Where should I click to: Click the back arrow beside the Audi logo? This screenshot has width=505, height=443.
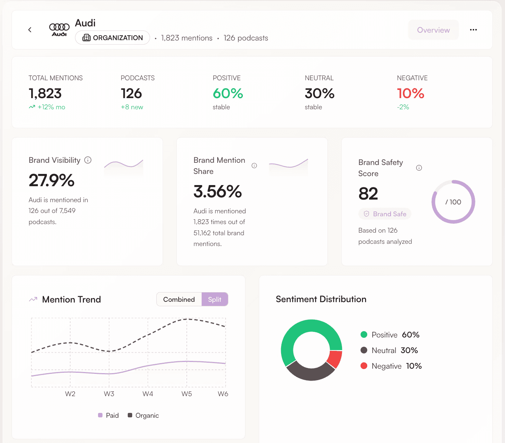tap(30, 30)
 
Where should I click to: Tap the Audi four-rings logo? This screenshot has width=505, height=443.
tap(59, 29)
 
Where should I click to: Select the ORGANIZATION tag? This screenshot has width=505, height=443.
tap(113, 38)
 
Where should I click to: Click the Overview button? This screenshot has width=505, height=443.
tap(433, 30)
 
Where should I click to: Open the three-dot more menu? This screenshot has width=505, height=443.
tap(473, 30)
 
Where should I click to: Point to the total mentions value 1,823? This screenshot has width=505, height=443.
tap(45, 93)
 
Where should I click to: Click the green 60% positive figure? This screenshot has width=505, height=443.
tap(228, 93)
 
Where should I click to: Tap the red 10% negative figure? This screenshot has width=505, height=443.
tap(410, 93)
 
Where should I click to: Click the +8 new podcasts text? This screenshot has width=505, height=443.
tap(132, 107)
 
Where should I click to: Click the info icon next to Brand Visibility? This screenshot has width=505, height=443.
tap(88, 160)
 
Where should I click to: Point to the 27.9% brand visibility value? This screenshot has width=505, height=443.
tap(52, 180)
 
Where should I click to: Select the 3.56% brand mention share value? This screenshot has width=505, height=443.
tap(218, 191)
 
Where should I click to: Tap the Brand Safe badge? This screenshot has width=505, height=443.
tap(385, 214)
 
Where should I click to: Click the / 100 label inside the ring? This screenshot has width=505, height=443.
tap(453, 202)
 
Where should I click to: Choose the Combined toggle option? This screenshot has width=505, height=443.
tap(179, 300)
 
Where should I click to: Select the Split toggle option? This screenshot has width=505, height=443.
tap(215, 300)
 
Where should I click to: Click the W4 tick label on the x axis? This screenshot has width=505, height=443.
tap(148, 394)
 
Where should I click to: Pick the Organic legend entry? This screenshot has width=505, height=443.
tap(143, 415)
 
